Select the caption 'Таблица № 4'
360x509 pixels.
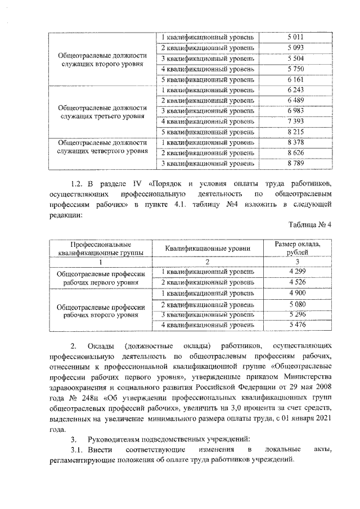pyautogui.click(x=310, y=225)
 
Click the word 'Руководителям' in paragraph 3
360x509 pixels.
pyautogui.click(x=118, y=439)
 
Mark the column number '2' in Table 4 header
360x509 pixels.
pyautogui.click(x=208, y=262)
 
